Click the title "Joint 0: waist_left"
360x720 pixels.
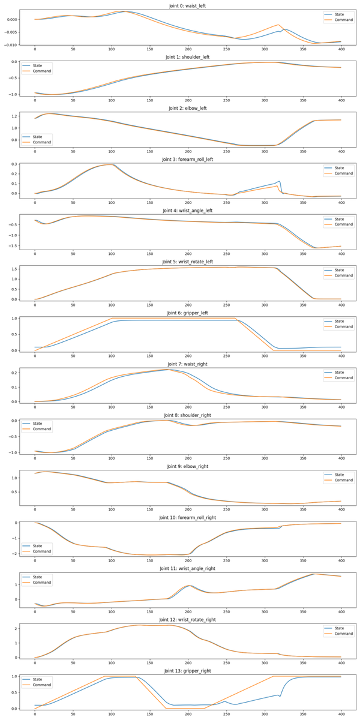188,5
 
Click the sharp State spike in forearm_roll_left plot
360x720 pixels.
280,181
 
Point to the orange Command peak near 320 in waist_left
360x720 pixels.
279,25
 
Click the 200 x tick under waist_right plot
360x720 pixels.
188,408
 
